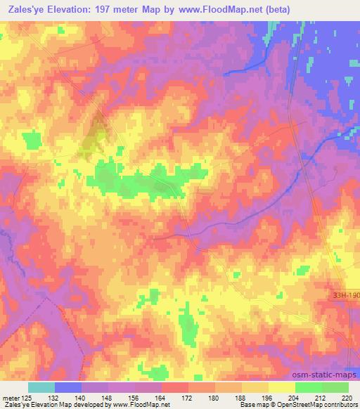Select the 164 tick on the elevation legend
162,397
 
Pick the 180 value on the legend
215,397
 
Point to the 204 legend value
295,397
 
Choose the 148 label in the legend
108,397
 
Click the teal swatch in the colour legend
41,387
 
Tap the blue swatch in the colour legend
68,387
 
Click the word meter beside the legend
10,397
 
